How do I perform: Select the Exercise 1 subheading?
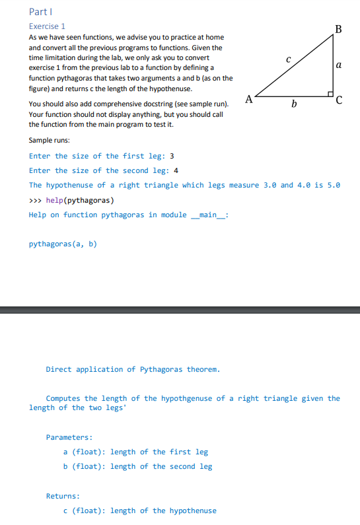point(47,26)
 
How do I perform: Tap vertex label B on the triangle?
point(339,28)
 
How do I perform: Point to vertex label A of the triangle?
point(248,100)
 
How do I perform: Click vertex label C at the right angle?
point(339,101)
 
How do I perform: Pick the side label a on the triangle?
point(339,65)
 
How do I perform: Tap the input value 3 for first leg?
point(172,156)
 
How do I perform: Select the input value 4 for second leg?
point(176,170)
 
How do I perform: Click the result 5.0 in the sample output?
point(334,185)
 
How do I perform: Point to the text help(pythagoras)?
point(82,200)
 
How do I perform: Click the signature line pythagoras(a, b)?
point(63,244)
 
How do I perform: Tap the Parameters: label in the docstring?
point(69,437)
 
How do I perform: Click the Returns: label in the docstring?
point(63,495)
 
